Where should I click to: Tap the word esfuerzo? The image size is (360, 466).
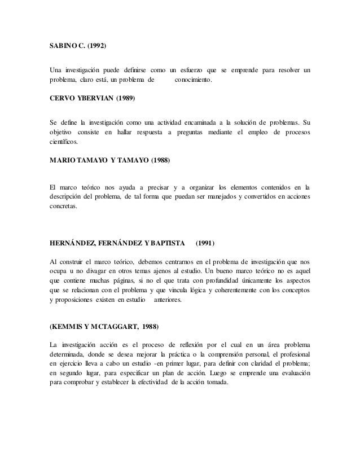191,71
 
